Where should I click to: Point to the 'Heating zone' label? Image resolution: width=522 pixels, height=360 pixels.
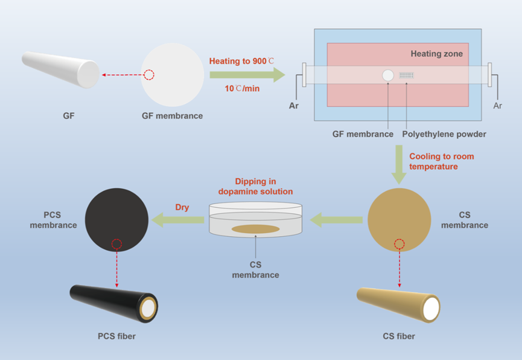(x=437, y=54)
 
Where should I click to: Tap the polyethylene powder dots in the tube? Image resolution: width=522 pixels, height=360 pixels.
(x=408, y=76)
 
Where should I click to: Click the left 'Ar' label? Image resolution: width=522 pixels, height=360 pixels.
(x=294, y=106)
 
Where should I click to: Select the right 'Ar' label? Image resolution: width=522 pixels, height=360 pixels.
(x=498, y=106)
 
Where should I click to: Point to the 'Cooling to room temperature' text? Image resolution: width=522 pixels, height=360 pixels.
(x=441, y=161)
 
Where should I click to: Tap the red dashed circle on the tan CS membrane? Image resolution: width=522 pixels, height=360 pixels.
(x=399, y=244)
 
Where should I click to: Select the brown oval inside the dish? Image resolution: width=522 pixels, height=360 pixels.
(x=255, y=229)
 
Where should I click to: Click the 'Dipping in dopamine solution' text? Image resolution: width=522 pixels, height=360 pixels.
(x=255, y=187)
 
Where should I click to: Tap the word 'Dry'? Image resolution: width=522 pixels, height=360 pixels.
(x=182, y=207)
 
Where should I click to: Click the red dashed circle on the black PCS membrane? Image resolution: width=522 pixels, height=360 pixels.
(x=117, y=244)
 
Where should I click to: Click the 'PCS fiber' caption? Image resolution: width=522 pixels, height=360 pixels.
(x=116, y=336)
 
